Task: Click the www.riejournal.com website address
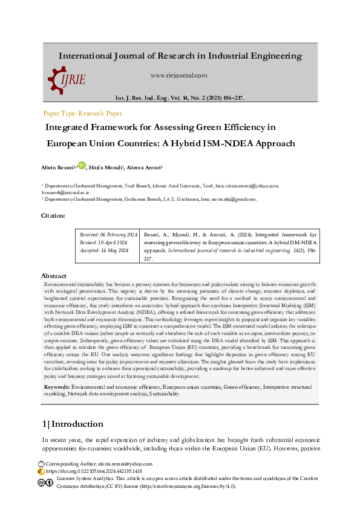pos(178,76)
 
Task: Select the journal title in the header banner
pos(180,56)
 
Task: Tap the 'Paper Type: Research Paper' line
pos(83,113)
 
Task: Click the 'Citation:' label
pos(53,216)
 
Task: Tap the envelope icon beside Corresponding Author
pos(41,463)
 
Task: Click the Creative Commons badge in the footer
pos(45,482)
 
